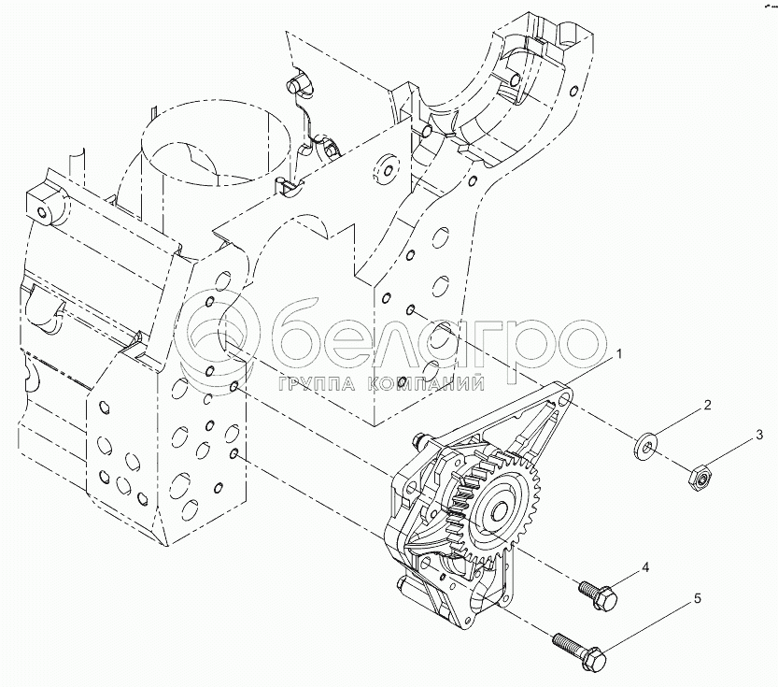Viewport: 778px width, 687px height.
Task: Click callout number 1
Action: [618, 354]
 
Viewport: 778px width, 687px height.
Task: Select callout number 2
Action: [707, 405]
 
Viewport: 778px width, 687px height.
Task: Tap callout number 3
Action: [758, 436]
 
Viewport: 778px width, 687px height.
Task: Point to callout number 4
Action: [645, 567]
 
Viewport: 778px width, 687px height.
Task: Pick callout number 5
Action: [697, 598]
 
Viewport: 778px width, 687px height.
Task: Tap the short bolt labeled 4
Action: [599, 594]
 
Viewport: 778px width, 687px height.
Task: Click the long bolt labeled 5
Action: [579, 651]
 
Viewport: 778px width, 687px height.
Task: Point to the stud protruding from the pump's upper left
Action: [421, 439]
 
